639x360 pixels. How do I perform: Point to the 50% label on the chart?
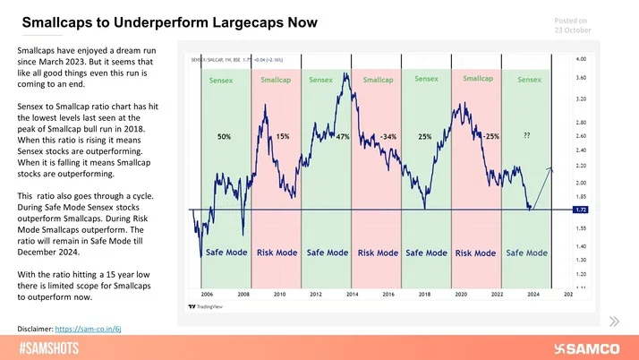click(x=225, y=137)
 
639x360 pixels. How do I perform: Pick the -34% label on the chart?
click(x=388, y=137)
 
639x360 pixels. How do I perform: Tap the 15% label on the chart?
click(x=282, y=137)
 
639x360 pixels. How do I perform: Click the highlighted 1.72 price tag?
click(x=581, y=209)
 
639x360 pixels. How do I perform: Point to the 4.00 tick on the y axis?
click(x=580, y=59)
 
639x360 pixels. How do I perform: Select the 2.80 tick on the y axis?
click(x=580, y=121)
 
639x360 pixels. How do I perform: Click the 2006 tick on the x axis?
click(x=208, y=294)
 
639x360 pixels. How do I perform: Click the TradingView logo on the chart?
click(x=211, y=306)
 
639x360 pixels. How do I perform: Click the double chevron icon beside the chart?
click(x=613, y=321)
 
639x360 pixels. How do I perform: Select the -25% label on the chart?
click(x=490, y=137)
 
